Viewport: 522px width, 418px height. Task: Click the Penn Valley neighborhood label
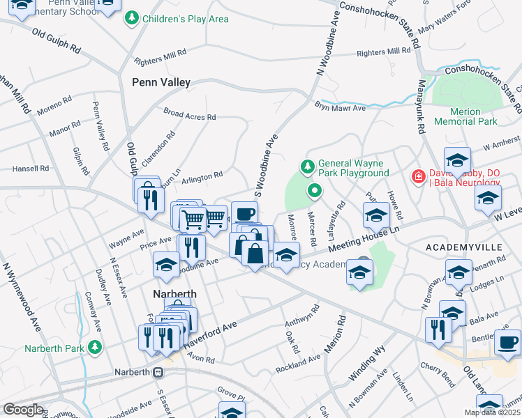tap(161, 82)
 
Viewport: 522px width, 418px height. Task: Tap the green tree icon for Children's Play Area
tap(131, 19)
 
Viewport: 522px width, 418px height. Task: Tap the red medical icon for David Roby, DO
tap(418, 178)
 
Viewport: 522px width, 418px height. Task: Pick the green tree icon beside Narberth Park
tap(95, 347)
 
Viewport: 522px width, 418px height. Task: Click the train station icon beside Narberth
tap(158, 372)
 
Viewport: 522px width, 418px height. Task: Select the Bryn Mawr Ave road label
tap(340, 108)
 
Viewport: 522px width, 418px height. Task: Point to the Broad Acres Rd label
tap(189, 114)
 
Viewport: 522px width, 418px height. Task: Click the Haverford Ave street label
tap(230, 325)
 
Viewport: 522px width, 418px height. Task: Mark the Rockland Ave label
tap(298, 362)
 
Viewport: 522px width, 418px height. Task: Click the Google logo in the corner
tap(23, 410)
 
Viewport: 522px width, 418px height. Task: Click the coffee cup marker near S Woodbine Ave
tap(244, 213)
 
